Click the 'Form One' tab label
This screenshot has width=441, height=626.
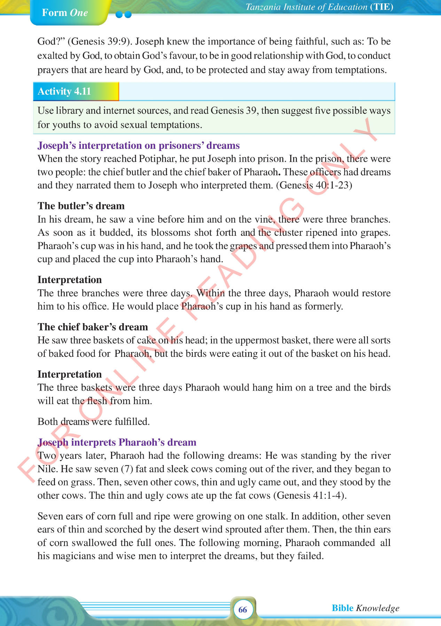tap(65, 13)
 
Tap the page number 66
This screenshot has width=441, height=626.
tap(243, 609)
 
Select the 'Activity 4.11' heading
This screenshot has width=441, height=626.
tap(64, 91)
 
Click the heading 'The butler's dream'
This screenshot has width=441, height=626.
tap(81, 206)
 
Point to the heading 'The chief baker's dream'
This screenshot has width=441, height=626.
tap(93, 327)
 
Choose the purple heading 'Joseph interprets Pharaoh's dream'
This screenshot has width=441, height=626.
tap(117, 442)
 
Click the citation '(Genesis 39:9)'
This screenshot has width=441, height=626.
tap(100, 42)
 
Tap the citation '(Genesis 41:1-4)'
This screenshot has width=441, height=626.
tap(310, 495)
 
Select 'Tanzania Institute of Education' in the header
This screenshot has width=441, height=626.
tap(306, 7)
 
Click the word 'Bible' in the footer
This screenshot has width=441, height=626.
tap(342, 608)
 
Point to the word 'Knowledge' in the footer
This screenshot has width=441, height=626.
tap(378, 608)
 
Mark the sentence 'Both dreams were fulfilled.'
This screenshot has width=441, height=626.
tap(94, 422)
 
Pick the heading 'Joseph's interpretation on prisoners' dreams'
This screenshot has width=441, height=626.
tap(139, 145)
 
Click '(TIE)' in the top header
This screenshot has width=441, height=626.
tap(382, 7)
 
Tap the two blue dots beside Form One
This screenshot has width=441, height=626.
tap(124, 15)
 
